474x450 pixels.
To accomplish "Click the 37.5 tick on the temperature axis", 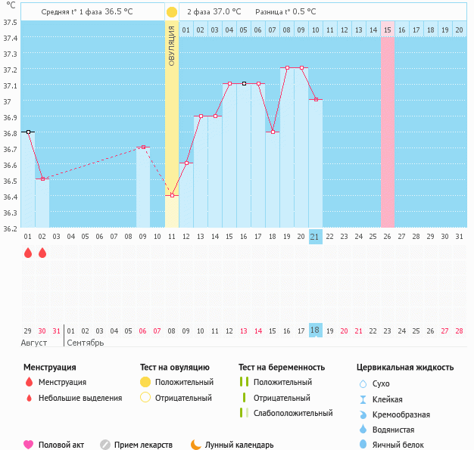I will point(10,22).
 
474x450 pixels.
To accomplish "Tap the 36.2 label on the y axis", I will point(10,228).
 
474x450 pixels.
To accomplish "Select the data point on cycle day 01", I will point(28,132).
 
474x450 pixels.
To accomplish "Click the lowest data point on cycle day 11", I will point(172,195).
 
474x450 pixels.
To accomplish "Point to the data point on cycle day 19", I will point(287,68).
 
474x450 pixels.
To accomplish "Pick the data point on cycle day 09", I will point(143,147).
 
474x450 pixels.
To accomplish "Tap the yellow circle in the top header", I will point(172,12).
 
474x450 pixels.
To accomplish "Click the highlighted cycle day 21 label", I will point(316,237).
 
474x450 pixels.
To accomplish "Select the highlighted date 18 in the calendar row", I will point(316,331).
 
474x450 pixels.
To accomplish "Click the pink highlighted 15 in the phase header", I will point(388,29).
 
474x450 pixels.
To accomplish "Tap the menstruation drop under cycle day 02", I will point(42,253).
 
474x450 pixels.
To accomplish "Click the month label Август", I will point(34,343).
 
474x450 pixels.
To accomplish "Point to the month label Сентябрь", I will point(86,343).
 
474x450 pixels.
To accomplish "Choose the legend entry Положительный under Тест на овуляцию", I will point(184,382).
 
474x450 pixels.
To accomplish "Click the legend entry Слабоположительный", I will point(293,413).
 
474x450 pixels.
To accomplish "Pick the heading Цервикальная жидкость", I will point(405,367).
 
